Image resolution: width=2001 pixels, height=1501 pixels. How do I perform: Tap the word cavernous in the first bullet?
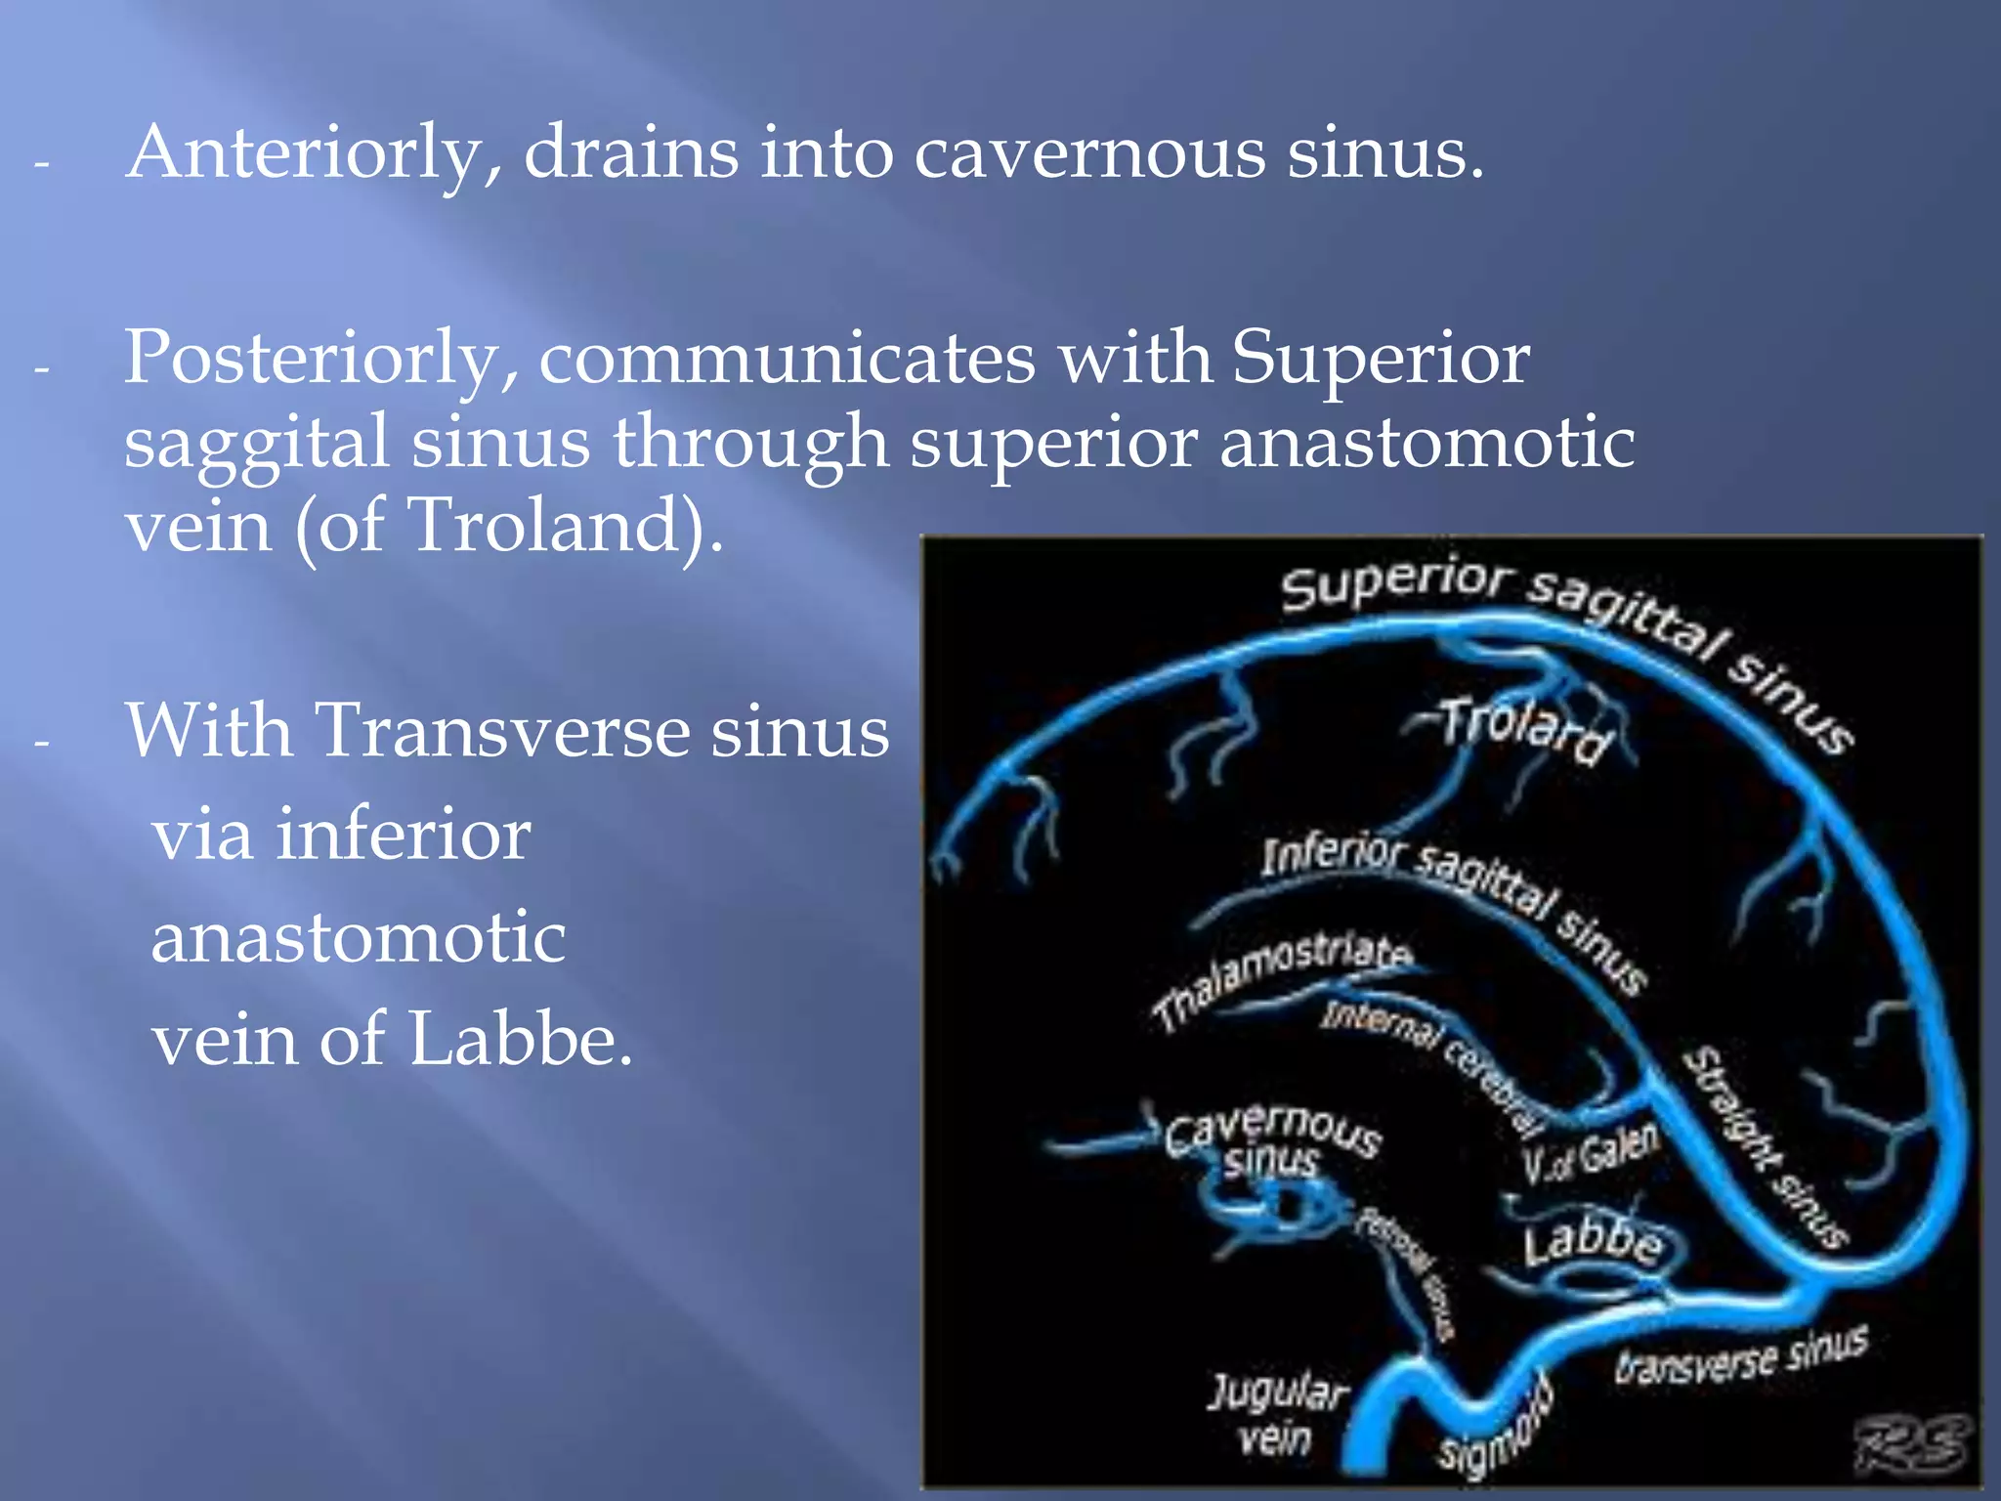1087,154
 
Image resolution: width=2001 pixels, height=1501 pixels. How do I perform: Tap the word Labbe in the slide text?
518,1038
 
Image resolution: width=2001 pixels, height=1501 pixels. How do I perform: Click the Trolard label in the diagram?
1524,729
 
